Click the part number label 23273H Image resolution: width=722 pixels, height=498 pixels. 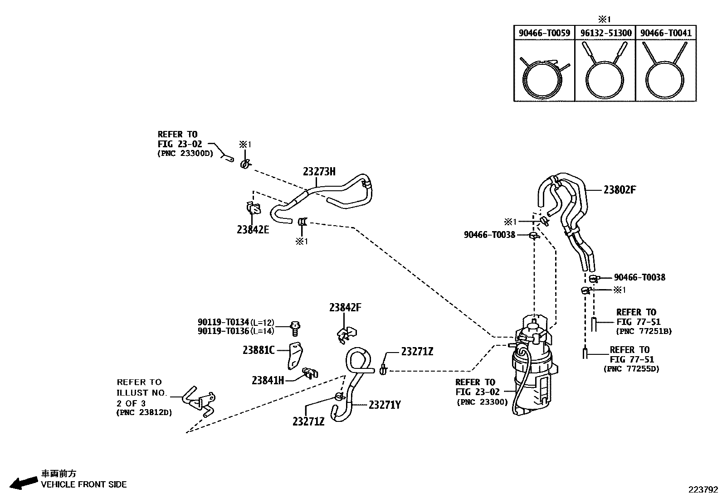[x=319, y=171]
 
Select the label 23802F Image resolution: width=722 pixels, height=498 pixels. [x=619, y=190]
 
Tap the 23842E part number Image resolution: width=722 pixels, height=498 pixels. [x=253, y=229]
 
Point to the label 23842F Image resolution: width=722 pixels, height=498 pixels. [x=345, y=307]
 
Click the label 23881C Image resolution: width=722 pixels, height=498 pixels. [x=259, y=350]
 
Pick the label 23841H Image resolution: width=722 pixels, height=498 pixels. [x=268, y=380]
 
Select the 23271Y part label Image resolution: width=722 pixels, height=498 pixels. [x=385, y=405]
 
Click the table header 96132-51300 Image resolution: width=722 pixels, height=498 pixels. [x=605, y=33]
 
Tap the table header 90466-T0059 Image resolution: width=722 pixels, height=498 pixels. [x=544, y=33]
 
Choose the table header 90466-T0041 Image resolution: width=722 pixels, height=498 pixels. [x=666, y=33]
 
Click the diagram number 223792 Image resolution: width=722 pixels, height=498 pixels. [x=703, y=489]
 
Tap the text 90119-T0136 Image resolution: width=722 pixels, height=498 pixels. [x=223, y=331]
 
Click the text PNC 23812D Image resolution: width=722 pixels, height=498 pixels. [x=144, y=413]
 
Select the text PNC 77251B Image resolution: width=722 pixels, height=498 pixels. [x=644, y=331]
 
